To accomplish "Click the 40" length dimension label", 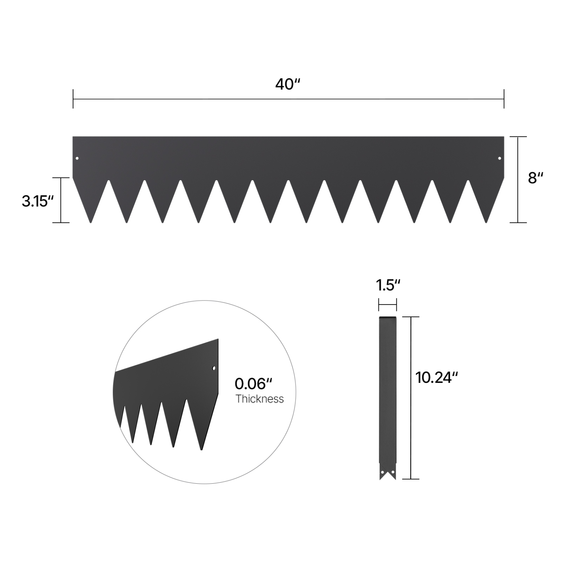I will click(x=288, y=84).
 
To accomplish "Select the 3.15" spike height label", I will click(x=35, y=201).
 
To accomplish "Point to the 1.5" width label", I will click(x=388, y=285).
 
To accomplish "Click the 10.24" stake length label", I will click(x=436, y=377).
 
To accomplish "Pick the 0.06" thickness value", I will click(x=253, y=384).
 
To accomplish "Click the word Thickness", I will click(x=259, y=399).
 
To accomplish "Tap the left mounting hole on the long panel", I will click(x=77, y=158).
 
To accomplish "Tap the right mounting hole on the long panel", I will click(x=499, y=158).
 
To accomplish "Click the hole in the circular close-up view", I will click(x=214, y=368).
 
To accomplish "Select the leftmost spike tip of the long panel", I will click(x=91, y=222).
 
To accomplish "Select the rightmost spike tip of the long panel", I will click(x=486, y=222).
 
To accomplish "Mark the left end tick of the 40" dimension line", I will click(x=73, y=99).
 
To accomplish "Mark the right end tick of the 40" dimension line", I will click(x=504, y=99).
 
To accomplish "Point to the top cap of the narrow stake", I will click(x=387, y=318).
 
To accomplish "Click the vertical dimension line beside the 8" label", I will click(x=518, y=180).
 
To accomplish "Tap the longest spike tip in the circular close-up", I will click(x=202, y=449).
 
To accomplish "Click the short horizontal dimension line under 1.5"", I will click(x=387, y=305).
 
